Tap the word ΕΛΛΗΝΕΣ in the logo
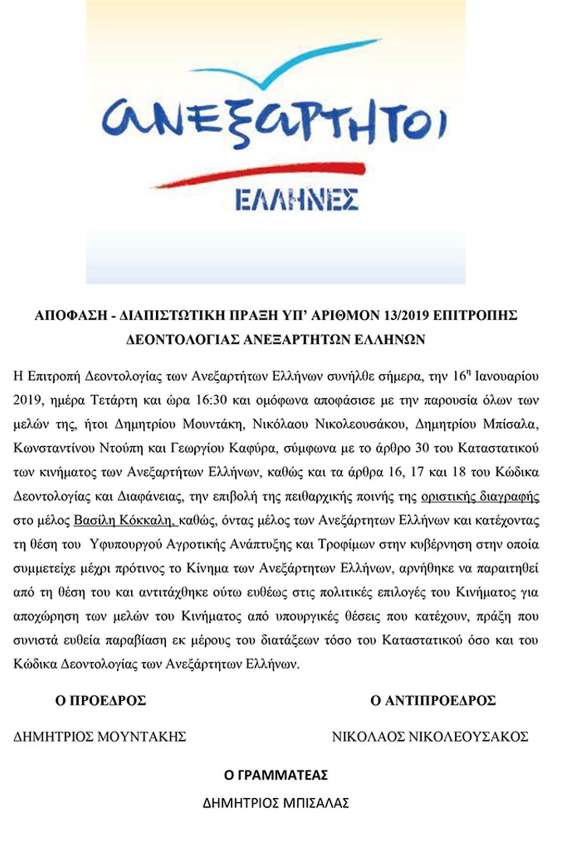(x=297, y=200)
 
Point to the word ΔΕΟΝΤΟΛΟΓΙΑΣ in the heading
(x=182, y=339)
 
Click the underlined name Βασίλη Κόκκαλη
(x=126, y=520)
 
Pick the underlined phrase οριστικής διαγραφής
(x=480, y=496)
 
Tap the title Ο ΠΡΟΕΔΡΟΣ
(x=101, y=700)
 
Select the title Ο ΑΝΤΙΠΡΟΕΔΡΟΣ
(x=432, y=700)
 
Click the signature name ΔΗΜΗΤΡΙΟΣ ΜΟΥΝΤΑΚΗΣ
(x=99, y=737)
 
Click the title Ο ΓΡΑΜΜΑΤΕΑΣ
(x=276, y=775)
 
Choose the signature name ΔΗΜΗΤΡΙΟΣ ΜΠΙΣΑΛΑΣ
(x=276, y=803)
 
